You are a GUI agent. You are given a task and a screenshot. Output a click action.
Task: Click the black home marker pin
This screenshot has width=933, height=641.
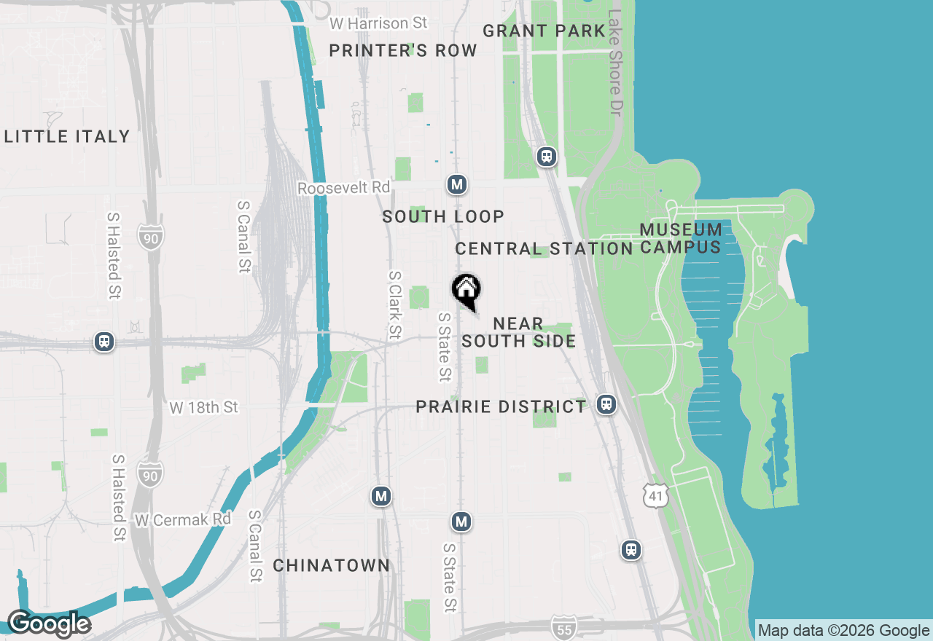click(x=466, y=291)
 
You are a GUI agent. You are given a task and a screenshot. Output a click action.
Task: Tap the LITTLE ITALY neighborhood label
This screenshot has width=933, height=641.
click(x=67, y=136)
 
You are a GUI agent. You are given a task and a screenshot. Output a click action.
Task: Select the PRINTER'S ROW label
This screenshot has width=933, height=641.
click(x=403, y=50)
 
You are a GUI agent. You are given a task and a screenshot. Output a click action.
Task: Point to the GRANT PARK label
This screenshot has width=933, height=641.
click(x=544, y=31)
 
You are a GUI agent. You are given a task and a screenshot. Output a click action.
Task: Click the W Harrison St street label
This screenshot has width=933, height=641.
click(x=378, y=23)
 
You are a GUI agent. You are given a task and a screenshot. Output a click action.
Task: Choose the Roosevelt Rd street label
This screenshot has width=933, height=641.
click(x=343, y=188)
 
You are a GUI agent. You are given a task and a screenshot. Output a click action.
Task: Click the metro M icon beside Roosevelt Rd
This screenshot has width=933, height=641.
click(x=457, y=185)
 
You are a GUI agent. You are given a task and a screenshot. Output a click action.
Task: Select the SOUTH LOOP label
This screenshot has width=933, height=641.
click(x=443, y=216)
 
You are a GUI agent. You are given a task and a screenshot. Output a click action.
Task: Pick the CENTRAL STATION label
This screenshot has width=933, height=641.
click(x=544, y=248)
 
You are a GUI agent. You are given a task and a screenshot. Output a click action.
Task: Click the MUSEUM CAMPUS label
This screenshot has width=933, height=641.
click(x=681, y=238)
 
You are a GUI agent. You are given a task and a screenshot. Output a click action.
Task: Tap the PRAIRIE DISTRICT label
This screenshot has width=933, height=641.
click(x=501, y=406)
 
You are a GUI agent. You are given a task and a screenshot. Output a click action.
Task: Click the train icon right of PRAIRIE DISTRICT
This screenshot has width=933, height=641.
click(x=606, y=404)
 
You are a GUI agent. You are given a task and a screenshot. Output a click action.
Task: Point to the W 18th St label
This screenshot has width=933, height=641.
click(x=203, y=407)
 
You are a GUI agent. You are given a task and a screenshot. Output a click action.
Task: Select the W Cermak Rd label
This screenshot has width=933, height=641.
click(x=183, y=519)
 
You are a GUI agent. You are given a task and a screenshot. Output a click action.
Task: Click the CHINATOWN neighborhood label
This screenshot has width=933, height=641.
click(x=332, y=565)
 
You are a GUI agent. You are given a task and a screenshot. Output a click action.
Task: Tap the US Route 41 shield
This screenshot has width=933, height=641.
click(x=655, y=496)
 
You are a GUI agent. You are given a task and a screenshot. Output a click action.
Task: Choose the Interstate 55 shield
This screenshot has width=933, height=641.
click(x=563, y=627)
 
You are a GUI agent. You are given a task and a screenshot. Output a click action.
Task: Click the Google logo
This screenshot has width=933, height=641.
click(x=49, y=624)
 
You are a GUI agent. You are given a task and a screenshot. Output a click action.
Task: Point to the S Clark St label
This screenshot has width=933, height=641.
click(x=395, y=305)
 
